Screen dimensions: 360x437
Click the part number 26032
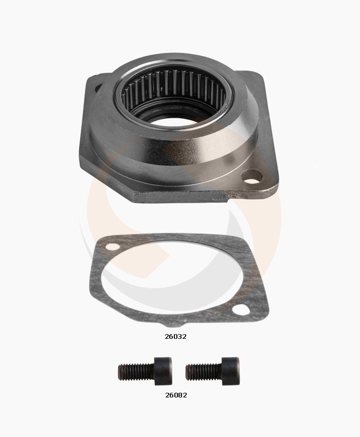click(175, 336)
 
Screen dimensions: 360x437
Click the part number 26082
click(176, 395)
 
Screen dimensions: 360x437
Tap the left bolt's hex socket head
click(163, 371)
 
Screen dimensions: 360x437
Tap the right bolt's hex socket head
click(230, 371)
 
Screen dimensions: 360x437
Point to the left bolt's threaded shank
click(136, 372)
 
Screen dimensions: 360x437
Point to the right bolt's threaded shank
click(204, 372)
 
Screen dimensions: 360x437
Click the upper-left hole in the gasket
click(113, 247)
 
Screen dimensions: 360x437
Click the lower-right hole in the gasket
click(241, 309)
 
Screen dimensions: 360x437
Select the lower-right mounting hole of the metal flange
click(252, 177)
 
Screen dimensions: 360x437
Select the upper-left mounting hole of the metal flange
click(98, 87)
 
